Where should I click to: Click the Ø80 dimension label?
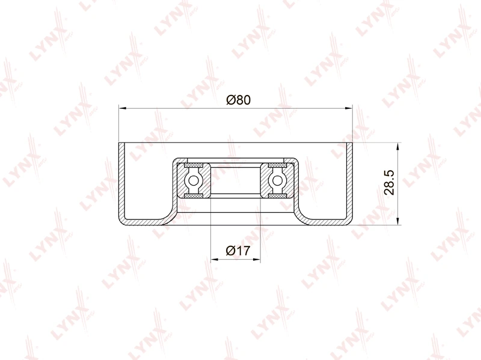pos(238,100)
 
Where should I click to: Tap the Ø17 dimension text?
pos(238,251)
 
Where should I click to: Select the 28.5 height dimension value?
pos(389,183)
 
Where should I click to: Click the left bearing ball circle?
pos(194,181)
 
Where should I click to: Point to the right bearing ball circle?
pos(277,181)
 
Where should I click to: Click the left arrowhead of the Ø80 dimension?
pos(123,108)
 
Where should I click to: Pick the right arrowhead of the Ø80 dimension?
pos(349,108)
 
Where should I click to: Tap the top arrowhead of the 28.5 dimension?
pos(397,146)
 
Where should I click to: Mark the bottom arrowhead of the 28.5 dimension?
pos(397,221)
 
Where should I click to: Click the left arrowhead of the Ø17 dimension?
pos(215,260)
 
